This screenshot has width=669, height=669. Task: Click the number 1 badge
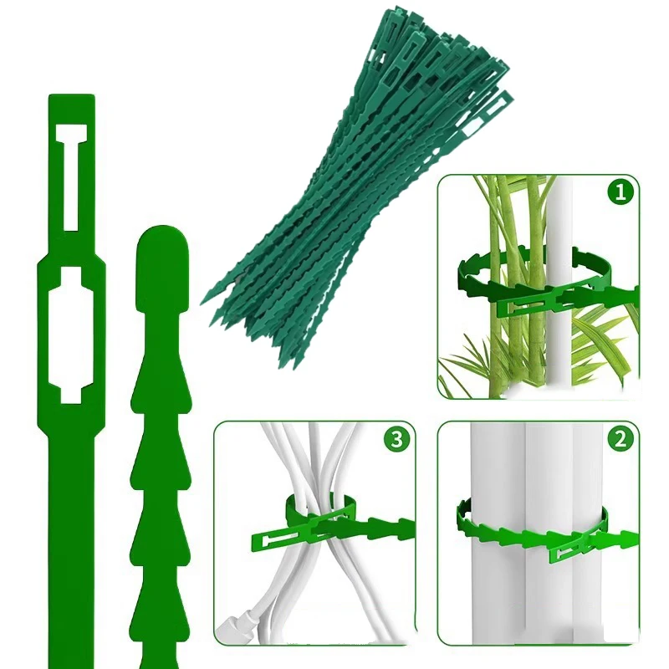(x=619, y=194)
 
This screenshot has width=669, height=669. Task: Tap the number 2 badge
(x=619, y=441)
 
